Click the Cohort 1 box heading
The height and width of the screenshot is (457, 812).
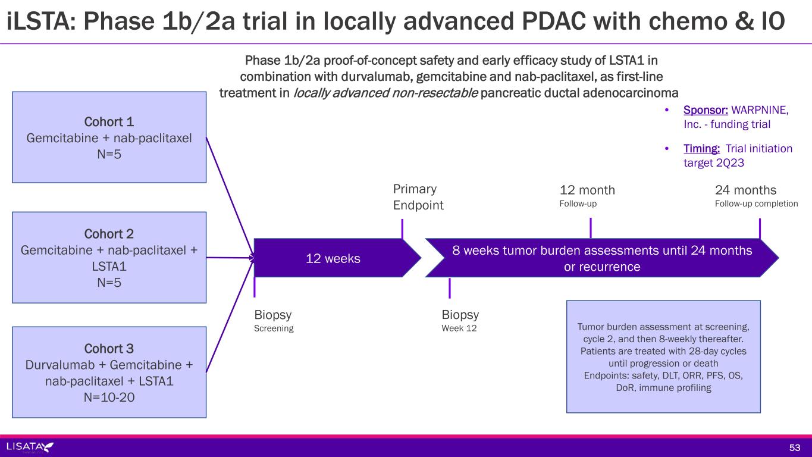[x=109, y=122]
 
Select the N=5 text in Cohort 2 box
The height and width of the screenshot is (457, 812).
[x=109, y=283]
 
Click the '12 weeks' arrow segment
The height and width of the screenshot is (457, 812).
[x=333, y=259]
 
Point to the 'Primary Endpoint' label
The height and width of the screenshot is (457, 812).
[x=418, y=197]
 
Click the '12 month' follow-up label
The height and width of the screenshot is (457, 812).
[x=587, y=190]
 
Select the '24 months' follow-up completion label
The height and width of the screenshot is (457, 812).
[x=745, y=190]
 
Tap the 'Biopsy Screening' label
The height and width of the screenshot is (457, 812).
[x=274, y=320]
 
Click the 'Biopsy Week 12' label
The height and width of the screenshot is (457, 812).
[x=460, y=320]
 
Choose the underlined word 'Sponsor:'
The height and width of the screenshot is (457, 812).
[x=704, y=111]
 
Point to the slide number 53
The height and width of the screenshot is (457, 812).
[x=795, y=447]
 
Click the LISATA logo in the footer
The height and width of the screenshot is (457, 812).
[x=30, y=447]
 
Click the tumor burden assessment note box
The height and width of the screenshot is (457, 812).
[x=663, y=356]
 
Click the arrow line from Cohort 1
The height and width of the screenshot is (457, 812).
[x=229, y=196]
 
